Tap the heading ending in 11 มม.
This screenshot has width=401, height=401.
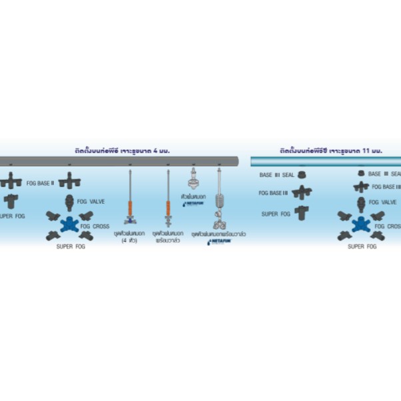[326, 151]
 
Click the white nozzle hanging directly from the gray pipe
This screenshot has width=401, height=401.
[194, 179]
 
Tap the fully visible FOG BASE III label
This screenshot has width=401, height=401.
[274, 195]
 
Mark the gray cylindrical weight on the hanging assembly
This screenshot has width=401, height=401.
[218, 200]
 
